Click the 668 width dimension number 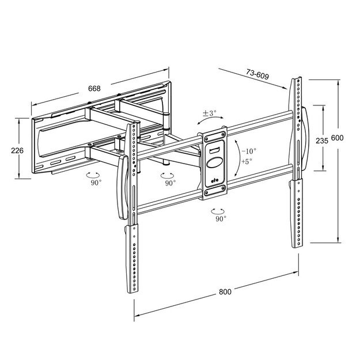click(94, 89)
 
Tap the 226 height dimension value click(17, 150)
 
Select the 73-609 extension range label click(258, 73)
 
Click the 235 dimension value click(322, 140)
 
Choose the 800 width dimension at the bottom click(225, 292)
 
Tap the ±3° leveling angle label click(209, 113)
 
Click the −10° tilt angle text click(248, 151)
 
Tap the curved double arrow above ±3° click(209, 123)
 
